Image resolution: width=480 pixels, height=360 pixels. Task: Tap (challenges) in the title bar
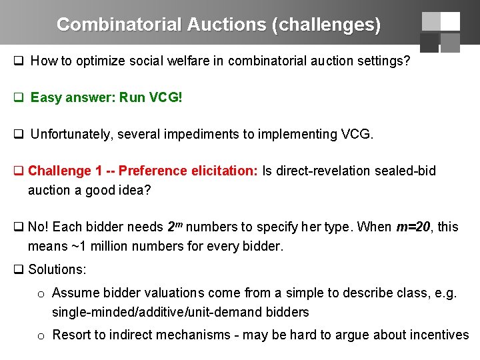tap(326, 25)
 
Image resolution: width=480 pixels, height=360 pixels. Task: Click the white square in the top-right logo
tap(450, 21)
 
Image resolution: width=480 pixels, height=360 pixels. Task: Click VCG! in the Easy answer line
tap(165, 97)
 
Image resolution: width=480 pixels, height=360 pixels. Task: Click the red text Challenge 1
tap(65, 171)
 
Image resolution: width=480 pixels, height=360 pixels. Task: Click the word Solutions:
tap(57, 270)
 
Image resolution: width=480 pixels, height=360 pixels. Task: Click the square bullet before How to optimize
tap(19, 61)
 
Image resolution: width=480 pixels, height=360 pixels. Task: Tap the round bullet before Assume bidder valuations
tap(41, 294)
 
